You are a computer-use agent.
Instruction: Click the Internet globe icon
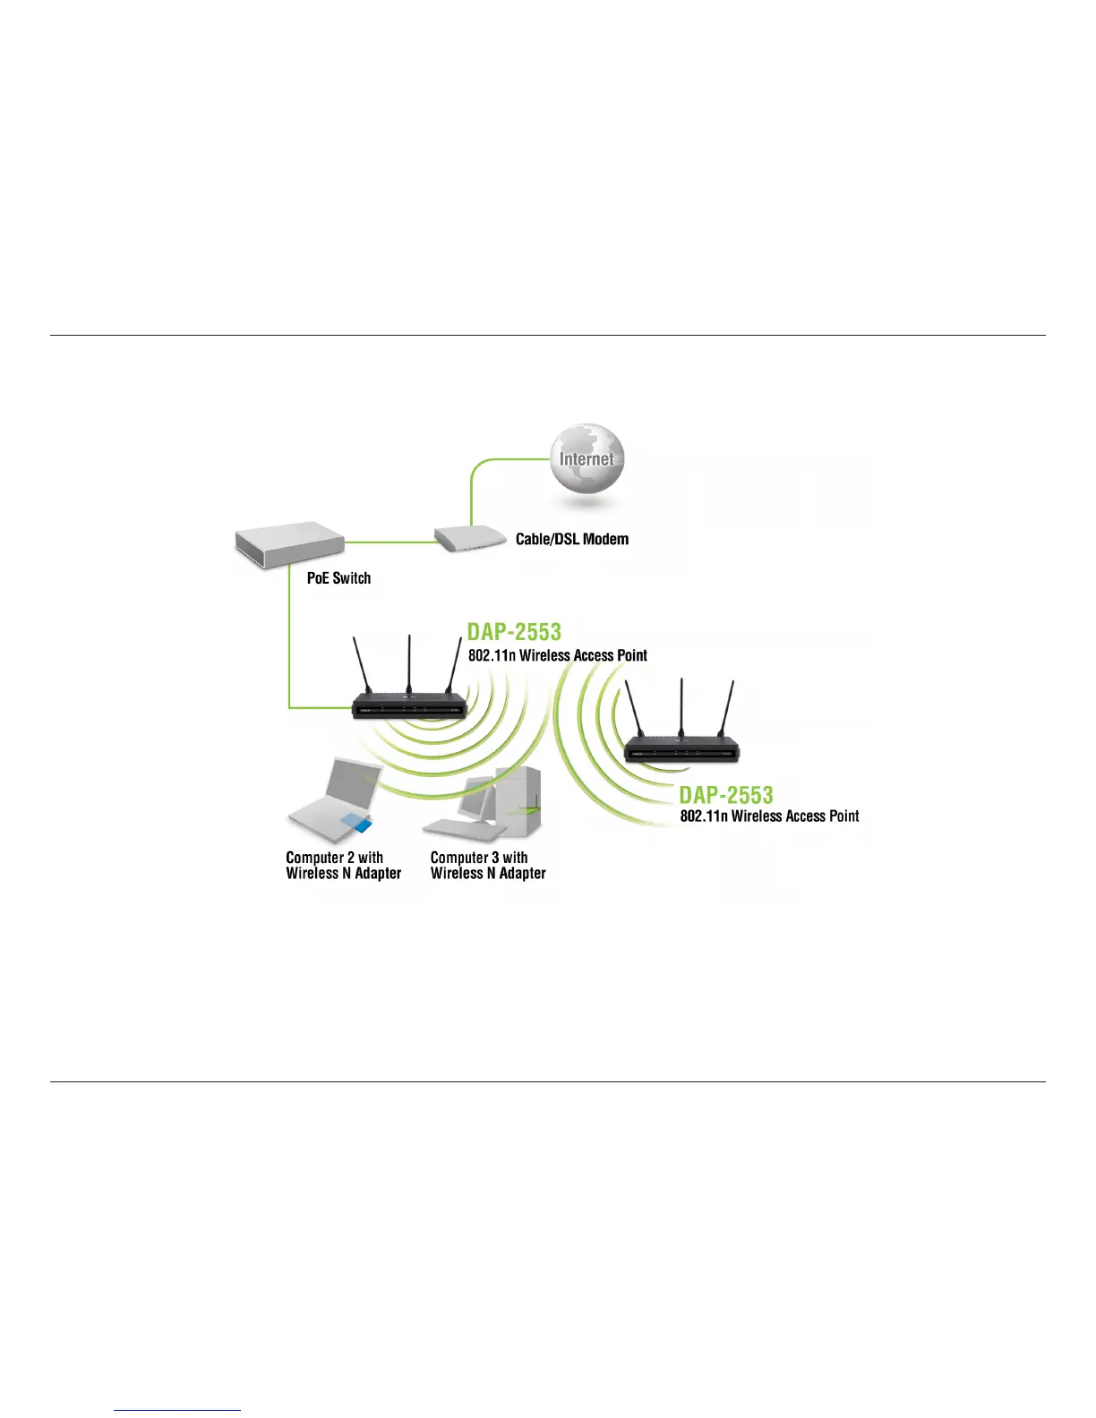tap(587, 459)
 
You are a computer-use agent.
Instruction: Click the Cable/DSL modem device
tap(463, 538)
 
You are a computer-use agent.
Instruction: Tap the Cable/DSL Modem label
tap(571, 539)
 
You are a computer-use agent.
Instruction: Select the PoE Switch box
tap(288, 543)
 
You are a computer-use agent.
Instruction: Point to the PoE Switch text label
tap(338, 578)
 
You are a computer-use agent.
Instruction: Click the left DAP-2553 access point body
tap(409, 705)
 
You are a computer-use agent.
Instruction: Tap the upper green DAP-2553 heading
tap(514, 632)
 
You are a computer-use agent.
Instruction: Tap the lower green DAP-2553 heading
tap(725, 795)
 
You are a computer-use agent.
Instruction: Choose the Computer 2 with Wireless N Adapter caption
tap(343, 866)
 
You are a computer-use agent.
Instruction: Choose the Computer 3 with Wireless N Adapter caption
tap(488, 866)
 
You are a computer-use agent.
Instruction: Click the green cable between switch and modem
tap(390, 542)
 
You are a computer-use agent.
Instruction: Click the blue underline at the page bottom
tap(177, 1411)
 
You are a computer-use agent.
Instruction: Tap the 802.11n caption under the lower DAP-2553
tap(769, 816)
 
